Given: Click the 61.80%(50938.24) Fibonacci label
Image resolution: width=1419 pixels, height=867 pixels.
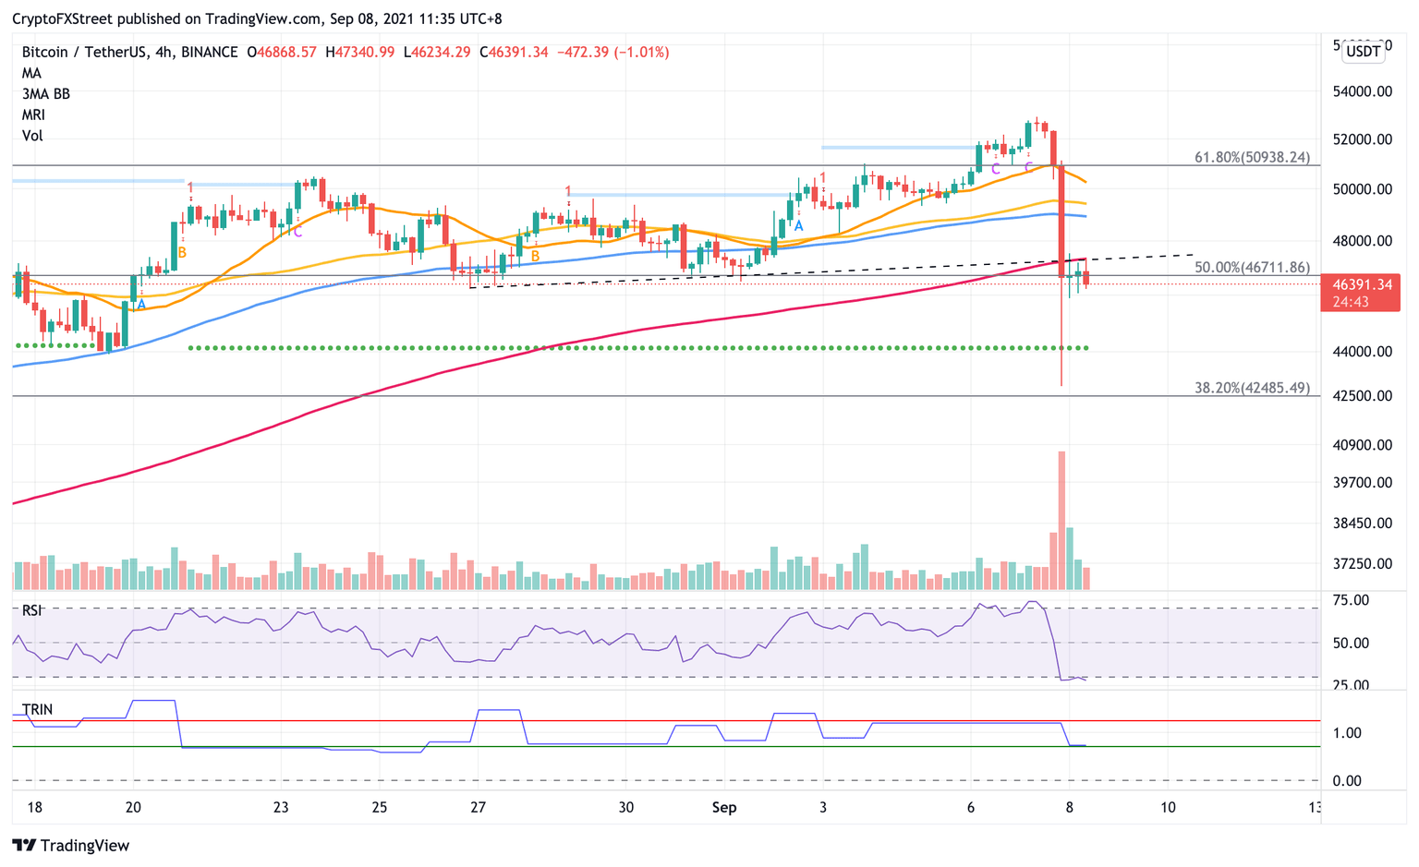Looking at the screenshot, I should pos(1252,157).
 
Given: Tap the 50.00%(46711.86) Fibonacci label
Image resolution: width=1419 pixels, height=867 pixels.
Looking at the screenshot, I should pos(1252,267).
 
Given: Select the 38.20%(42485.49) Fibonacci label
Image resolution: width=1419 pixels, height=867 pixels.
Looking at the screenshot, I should pos(1252,388).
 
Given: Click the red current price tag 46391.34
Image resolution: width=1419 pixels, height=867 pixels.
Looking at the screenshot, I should pos(1360,285).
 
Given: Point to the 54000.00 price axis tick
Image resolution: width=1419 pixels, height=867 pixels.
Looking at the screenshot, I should pos(1363,91).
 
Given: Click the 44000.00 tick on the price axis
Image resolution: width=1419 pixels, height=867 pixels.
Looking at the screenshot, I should pos(1363,352).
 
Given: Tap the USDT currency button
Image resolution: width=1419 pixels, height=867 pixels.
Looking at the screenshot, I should pos(1364,51).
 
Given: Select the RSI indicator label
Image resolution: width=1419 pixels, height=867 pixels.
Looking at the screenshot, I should pos(32,610).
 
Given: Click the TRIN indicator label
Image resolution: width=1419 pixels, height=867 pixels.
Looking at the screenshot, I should pos(37,709).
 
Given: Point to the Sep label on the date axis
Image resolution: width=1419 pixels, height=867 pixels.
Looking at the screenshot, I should pos(724,807).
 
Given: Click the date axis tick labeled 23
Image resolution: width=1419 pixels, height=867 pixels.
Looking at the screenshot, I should pos(281,807).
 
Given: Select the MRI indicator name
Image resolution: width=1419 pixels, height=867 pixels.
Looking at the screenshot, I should pos(33,114).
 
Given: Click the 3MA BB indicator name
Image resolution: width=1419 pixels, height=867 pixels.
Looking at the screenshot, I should pos(46,94).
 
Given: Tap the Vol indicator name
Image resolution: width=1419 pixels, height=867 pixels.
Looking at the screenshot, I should pos(32,136).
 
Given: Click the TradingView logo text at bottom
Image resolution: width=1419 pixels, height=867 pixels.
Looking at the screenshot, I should pos(84,845).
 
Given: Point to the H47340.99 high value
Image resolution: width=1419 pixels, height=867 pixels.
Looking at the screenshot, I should pos(359,53).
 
